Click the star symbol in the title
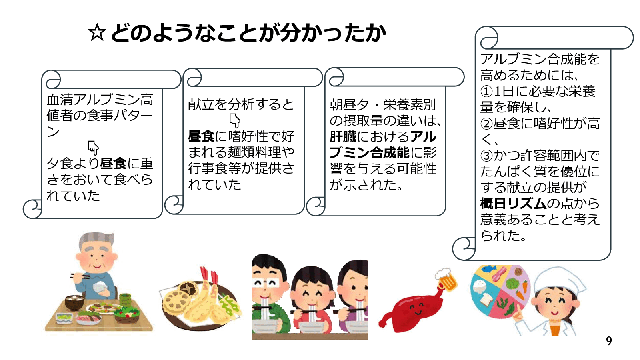coord(97,33)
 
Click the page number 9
coord(609,341)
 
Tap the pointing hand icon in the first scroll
coord(93,148)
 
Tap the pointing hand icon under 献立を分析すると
coord(235,120)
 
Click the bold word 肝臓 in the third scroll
coord(343,137)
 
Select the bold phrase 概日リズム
coord(513,204)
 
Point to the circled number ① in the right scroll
coord(486,92)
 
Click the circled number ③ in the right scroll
coord(486,156)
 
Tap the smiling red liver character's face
coord(416,308)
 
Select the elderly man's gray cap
coord(94,240)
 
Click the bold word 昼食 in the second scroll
coord(201,137)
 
